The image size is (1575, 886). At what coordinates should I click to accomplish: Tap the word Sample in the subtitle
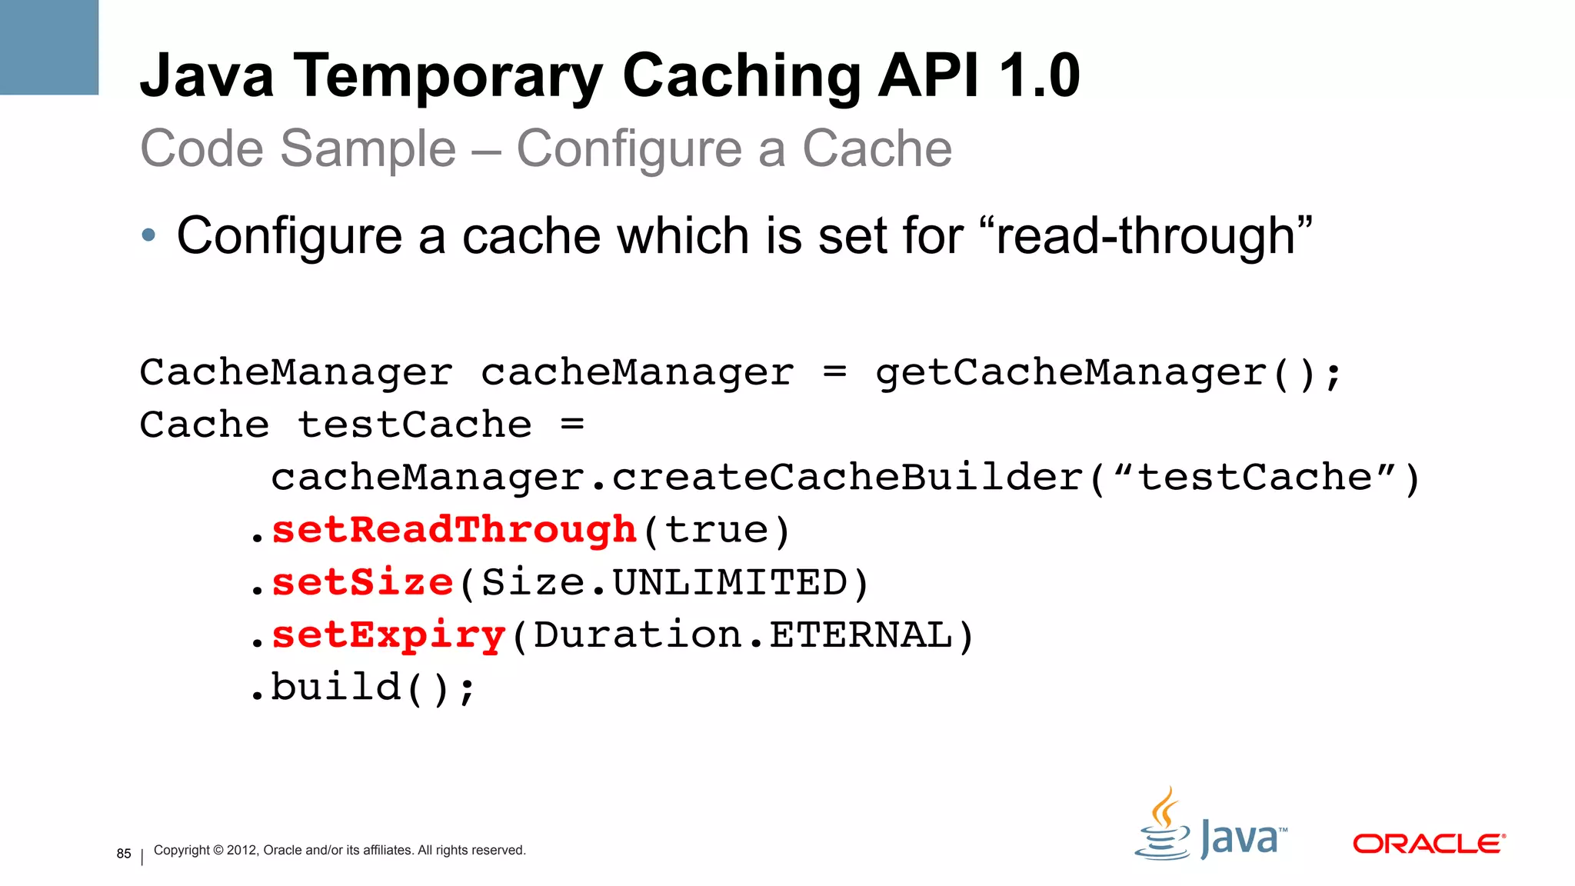coord(368,148)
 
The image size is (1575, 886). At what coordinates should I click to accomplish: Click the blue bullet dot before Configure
coord(148,235)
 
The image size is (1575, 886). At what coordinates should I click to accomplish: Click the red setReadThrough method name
coord(455,530)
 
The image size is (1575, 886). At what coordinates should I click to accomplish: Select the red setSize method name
coord(362,582)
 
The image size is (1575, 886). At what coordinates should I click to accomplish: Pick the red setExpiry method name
coord(388,635)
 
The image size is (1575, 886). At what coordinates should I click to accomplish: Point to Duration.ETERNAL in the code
coord(743,635)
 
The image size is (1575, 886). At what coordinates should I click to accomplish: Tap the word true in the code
coord(716,530)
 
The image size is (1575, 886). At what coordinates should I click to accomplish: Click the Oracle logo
coord(1428,844)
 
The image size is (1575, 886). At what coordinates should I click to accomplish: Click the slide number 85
coord(124,854)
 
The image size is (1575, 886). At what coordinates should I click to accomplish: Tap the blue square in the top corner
coord(49,47)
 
